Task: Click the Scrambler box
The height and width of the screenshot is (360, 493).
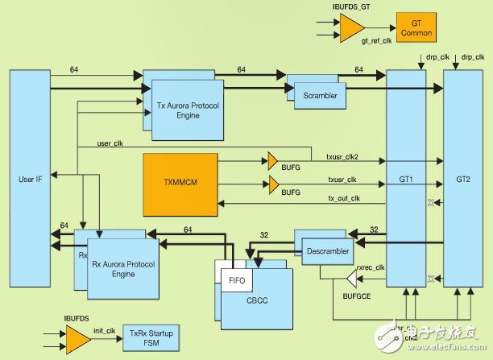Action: (x=320, y=96)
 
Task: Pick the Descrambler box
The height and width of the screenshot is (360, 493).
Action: (x=328, y=250)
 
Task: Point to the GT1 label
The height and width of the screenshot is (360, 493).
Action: (x=410, y=180)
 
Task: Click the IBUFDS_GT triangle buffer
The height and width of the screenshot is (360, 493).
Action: (x=350, y=30)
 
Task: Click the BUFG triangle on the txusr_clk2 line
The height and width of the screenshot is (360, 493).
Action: (x=273, y=160)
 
